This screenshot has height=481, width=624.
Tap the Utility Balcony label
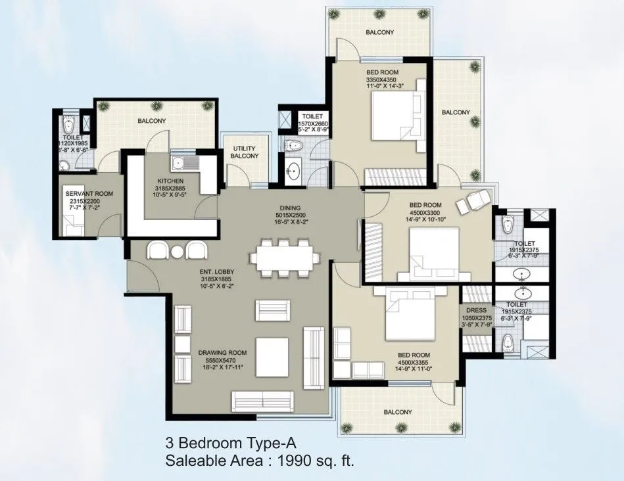point(245,152)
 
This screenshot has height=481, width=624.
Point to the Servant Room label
point(89,193)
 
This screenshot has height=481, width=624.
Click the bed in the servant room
point(72,227)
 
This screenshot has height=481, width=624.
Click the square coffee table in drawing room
point(272,354)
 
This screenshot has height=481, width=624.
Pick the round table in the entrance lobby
point(178,252)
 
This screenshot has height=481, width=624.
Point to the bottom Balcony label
point(395,412)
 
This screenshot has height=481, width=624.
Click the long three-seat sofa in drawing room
point(262,400)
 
